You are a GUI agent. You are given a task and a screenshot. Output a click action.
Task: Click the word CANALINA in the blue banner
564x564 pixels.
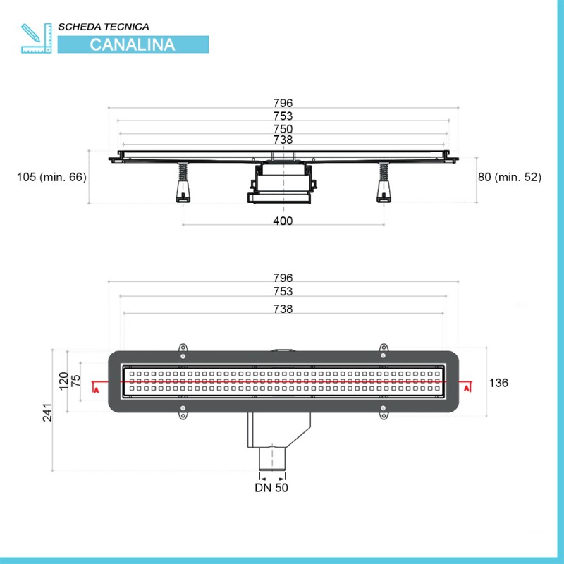tap(133, 44)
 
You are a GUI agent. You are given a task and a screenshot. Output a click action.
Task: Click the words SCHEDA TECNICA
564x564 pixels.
tap(104, 27)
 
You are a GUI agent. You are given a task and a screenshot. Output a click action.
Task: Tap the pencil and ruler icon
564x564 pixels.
tap(37, 38)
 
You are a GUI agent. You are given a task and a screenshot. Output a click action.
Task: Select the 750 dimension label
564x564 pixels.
tap(283, 129)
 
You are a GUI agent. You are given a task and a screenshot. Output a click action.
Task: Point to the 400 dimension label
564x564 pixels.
tap(283, 221)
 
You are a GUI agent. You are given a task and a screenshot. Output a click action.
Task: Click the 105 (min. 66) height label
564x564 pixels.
tap(51, 177)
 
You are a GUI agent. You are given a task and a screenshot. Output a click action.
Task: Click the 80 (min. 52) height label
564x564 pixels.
tap(510, 177)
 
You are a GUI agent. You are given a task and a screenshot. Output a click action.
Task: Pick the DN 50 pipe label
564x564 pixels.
tap(271, 488)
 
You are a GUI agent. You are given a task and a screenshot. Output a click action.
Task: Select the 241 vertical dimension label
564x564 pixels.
tap(47, 412)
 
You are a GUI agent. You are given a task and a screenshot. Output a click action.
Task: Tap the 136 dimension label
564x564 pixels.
tap(498, 383)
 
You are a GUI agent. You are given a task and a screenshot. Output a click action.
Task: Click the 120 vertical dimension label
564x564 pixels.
tap(63, 381)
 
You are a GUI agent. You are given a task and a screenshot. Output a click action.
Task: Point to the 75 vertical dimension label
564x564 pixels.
tap(76, 381)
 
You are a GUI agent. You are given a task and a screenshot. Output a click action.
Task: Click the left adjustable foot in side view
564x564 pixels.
tap(183, 183)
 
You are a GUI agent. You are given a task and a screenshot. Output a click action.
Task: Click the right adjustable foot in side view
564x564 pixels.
tap(384, 183)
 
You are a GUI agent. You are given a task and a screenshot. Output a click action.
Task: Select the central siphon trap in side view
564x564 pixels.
tap(282, 183)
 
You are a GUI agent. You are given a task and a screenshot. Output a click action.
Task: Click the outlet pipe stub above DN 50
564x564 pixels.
tap(272, 459)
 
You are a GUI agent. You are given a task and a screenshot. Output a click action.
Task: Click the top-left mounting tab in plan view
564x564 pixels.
tap(183, 348)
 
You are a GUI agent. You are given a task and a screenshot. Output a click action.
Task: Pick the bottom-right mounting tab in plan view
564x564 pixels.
tap(384, 415)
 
